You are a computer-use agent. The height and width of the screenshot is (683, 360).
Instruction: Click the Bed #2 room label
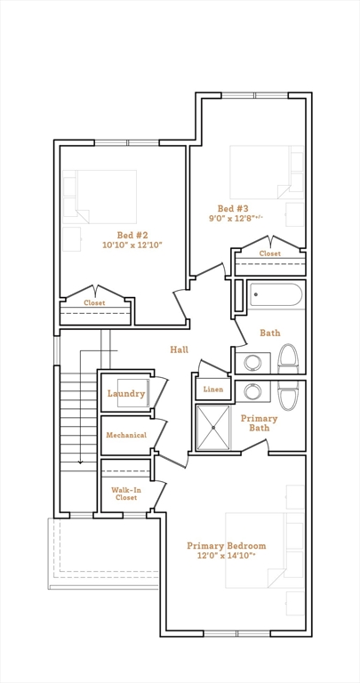click(x=132, y=235)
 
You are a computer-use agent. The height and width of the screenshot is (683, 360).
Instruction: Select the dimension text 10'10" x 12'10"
click(x=132, y=245)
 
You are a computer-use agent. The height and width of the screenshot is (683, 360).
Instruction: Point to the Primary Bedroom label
click(x=227, y=546)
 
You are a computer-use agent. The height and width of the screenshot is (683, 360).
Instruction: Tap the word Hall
click(x=179, y=350)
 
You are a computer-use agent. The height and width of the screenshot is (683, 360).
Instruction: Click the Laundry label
click(x=126, y=394)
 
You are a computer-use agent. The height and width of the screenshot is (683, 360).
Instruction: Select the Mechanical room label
click(x=126, y=435)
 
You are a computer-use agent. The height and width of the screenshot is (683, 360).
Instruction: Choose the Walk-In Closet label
click(x=126, y=494)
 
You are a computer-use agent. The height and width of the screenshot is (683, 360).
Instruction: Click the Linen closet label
click(x=213, y=390)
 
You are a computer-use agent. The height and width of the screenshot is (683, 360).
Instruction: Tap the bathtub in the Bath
click(x=276, y=295)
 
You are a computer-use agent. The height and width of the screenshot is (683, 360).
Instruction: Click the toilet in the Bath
click(x=288, y=359)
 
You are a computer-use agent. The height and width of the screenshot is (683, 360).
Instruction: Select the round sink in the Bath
click(x=252, y=363)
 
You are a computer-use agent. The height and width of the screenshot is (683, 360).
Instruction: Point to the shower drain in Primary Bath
click(x=213, y=428)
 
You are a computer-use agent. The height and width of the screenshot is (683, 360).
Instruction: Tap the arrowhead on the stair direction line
click(x=80, y=462)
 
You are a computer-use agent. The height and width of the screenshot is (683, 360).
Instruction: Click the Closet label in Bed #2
click(x=94, y=302)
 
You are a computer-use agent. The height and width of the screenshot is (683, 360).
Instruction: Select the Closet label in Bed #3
click(x=270, y=253)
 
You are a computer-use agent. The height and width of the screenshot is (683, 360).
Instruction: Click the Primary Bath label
click(x=259, y=423)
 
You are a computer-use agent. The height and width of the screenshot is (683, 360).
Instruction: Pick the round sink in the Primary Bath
click(x=252, y=391)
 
